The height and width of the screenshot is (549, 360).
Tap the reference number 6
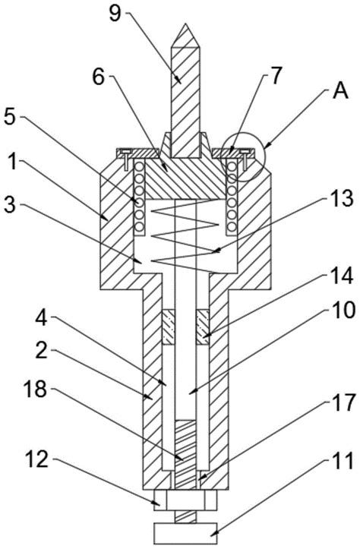pos(99,77)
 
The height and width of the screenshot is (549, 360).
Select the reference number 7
pos(276,76)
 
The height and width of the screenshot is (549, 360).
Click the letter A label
pos(341,91)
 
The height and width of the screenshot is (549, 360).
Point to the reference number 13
pos(342,199)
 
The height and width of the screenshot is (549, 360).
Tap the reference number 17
pos(344,402)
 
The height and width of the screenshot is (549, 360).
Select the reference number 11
pos(343,461)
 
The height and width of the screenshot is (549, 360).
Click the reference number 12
pos(36,459)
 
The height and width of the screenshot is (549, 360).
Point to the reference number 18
pos(35,389)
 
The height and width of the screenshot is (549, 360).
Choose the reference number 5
pos(10,117)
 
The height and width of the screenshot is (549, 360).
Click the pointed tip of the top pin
pos(186,24)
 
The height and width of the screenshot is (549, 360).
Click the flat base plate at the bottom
pos(185,534)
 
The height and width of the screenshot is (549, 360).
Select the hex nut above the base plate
pos(185,500)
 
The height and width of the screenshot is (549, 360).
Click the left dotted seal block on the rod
pos(169,327)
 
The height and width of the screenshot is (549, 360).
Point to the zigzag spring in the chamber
pos(185,236)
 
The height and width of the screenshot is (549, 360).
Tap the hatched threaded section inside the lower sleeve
pos(185,455)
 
